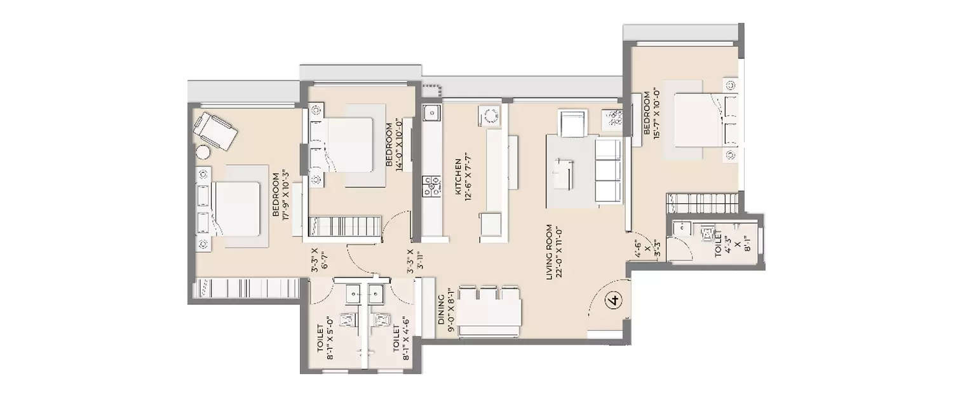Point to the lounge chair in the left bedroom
pyautogui.click(x=215, y=131)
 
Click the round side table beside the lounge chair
pyautogui.click(x=203, y=152)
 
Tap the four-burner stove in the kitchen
pyautogui.click(x=432, y=184)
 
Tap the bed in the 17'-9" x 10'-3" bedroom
pyautogui.click(x=236, y=208)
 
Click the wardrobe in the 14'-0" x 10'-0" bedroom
pyautogui.click(x=344, y=227)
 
